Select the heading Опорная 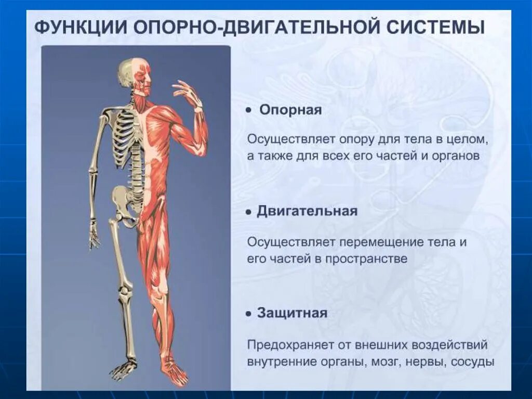pyautogui.click(x=290, y=110)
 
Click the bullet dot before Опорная pyautogui.click(x=249, y=111)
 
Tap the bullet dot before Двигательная pyautogui.click(x=249, y=212)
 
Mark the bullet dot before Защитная pyautogui.click(x=249, y=314)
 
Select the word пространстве pyautogui.click(x=366, y=259)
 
